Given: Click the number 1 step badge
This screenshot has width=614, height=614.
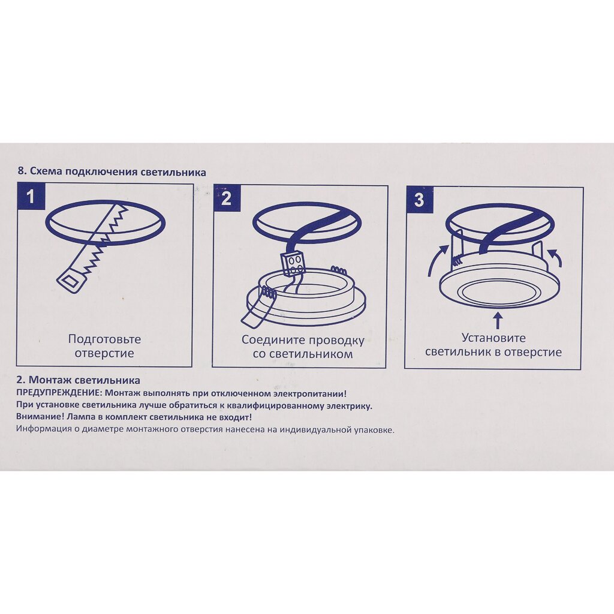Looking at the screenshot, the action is [x=31, y=196].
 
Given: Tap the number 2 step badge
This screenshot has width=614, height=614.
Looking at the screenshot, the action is [x=227, y=198].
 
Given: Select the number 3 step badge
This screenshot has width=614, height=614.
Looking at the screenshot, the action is [x=419, y=200].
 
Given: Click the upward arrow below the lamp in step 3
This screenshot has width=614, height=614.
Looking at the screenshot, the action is [x=498, y=320].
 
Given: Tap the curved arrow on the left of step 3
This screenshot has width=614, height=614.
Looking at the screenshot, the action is [x=437, y=260].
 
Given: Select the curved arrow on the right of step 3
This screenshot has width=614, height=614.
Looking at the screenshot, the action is [x=555, y=258].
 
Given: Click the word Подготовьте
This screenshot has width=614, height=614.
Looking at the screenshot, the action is [x=104, y=339].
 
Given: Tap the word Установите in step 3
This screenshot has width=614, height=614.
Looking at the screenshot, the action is [x=493, y=338].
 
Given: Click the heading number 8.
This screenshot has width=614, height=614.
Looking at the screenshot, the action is [x=22, y=171].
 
